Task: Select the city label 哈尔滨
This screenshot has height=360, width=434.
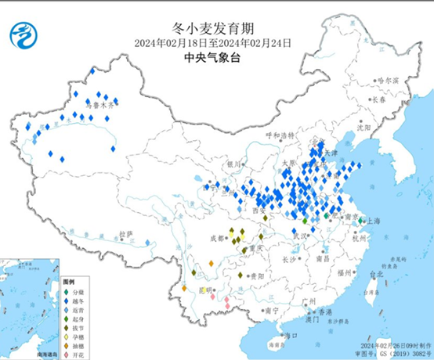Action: point(388,81)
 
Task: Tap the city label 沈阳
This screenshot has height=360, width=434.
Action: point(362,126)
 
